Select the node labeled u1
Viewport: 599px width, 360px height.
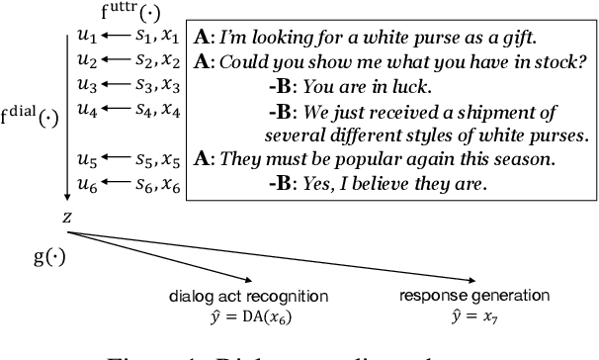point(86,39)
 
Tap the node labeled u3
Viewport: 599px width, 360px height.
point(86,84)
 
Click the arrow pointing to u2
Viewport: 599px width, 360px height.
point(118,60)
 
